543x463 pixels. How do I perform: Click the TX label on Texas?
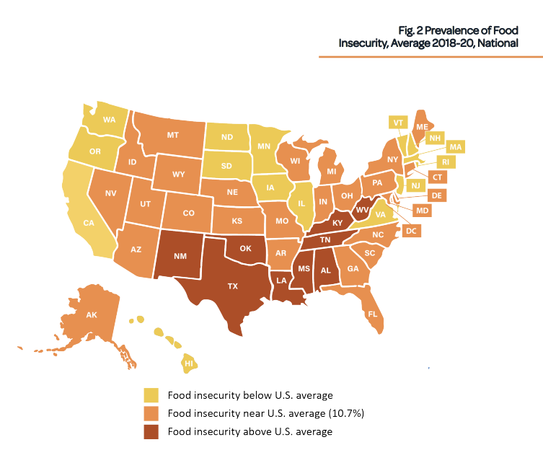pyautogui.click(x=233, y=286)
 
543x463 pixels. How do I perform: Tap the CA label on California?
pyautogui.click(x=89, y=223)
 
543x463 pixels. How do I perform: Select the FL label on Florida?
pyautogui.click(x=373, y=314)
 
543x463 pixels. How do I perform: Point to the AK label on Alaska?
pyautogui.click(x=91, y=315)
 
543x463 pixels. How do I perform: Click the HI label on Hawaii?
pyautogui.click(x=188, y=364)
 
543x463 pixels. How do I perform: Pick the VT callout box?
pyautogui.click(x=397, y=123)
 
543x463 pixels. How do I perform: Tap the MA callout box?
pyautogui.click(x=455, y=146)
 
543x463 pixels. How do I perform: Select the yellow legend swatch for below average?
pyautogui.click(x=151, y=395)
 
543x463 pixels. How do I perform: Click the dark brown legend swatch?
pyautogui.click(x=151, y=431)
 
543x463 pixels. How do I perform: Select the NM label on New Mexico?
pyautogui.click(x=177, y=255)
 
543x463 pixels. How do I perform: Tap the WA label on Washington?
pyautogui.click(x=110, y=119)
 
